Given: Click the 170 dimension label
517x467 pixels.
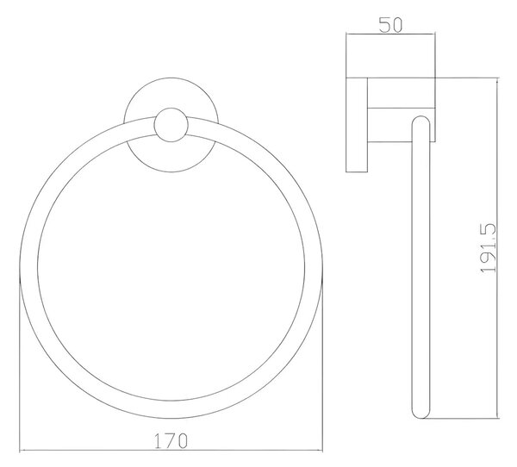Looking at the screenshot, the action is [x=171, y=440].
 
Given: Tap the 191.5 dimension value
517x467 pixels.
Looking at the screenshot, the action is [x=488, y=248].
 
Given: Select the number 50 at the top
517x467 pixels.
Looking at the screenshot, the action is [x=390, y=25].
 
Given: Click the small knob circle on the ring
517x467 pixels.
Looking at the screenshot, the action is [x=171, y=125].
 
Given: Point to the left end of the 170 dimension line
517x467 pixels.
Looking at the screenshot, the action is [x=20, y=450].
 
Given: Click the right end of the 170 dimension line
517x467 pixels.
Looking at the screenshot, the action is [x=322, y=450].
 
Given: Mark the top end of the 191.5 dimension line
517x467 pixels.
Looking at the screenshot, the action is [x=497, y=78].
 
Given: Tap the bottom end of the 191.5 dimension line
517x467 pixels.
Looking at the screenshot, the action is [x=497, y=418].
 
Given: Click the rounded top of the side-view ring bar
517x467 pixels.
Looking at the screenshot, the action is [x=421, y=119].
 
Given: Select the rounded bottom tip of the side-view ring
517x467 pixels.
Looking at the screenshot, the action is [x=421, y=416].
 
